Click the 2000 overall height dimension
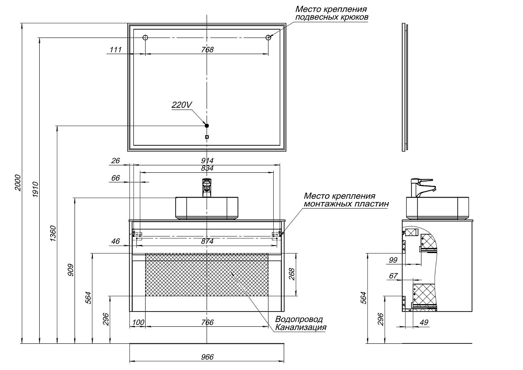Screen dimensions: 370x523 18,183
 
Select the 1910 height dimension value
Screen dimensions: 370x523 35,190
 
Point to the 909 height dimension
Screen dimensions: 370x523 71,270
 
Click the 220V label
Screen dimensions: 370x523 182,105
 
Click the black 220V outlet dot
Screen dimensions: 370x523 207,126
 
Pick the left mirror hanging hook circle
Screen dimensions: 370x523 146,38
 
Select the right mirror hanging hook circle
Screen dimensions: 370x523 268,38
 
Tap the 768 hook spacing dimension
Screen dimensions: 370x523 207,50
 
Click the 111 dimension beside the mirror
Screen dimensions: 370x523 115,50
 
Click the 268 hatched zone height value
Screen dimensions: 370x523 292,274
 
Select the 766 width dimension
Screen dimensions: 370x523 207,322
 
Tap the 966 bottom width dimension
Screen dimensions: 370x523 207,357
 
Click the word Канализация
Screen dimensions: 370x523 300,327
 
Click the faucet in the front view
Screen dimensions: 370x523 207,187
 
